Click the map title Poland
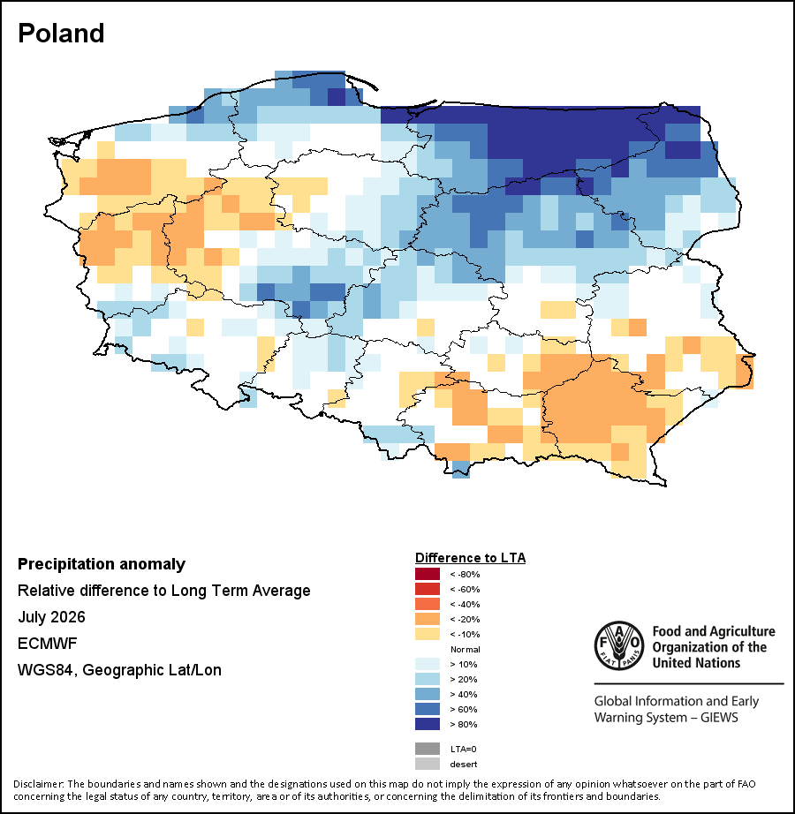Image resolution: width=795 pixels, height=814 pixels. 61,34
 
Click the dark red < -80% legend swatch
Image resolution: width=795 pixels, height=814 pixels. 428,574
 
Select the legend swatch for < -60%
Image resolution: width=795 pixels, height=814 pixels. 428,589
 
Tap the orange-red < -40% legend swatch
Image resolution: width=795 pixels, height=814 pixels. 428,604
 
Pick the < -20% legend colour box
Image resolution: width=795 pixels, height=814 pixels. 428,619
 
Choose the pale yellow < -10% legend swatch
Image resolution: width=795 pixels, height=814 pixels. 428,635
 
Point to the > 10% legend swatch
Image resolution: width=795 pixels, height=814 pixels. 428,665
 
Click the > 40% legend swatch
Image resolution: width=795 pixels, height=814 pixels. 428,694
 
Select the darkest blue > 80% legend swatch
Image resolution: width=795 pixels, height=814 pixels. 428,724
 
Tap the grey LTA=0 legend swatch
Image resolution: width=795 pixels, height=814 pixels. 428,749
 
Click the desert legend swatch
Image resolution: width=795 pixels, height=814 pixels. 428,765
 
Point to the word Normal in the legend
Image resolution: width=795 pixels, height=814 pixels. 466,650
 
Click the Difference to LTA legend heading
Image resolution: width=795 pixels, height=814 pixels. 471,558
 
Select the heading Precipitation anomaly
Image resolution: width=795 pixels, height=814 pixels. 102,564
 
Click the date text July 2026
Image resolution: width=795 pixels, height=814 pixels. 51,617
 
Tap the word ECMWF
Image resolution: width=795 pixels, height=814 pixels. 47,644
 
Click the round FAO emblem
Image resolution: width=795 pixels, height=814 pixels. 619,645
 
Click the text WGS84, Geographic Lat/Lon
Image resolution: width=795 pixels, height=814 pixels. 119,670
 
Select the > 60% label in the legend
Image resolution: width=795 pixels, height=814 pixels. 464,709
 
